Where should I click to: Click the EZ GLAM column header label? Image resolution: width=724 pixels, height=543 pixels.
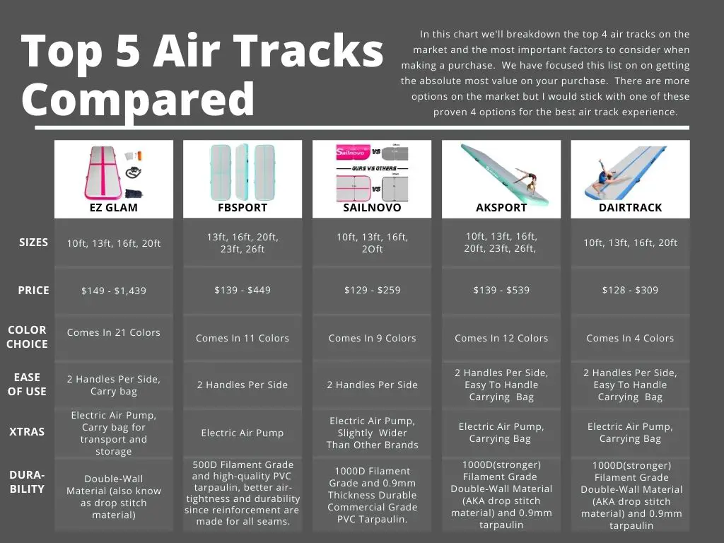tap(114, 208)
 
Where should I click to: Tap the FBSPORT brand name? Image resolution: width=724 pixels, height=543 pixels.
tap(243, 208)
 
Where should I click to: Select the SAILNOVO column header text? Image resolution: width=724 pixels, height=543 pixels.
tap(372, 208)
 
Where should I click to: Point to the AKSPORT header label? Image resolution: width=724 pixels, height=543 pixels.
tap(501, 208)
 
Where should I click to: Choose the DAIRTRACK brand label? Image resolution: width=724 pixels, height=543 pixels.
tap(630, 208)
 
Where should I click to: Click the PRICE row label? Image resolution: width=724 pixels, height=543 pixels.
tap(33, 291)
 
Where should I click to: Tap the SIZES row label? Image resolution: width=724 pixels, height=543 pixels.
tap(33, 243)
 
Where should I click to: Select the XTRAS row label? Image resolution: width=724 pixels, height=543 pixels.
tap(27, 432)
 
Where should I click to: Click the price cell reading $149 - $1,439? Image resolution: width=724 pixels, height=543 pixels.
tap(114, 291)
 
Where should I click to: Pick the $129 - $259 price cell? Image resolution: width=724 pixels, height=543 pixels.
tap(372, 290)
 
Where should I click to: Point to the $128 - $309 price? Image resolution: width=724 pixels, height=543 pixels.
tap(630, 290)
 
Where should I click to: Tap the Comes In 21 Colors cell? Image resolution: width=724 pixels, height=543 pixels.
tap(114, 332)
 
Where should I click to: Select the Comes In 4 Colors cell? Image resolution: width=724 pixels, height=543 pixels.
tap(630, 338)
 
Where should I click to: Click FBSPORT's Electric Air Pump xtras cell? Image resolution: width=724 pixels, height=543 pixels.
tap(243, 433)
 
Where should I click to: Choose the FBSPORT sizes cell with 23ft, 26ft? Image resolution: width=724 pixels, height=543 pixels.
tap(243, 243)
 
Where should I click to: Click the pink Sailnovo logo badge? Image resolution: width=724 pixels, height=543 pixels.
tap(354, 152)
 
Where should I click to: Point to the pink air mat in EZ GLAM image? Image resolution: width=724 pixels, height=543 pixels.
tap(103, 173)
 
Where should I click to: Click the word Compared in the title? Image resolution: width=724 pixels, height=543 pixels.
tap(138, 100)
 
